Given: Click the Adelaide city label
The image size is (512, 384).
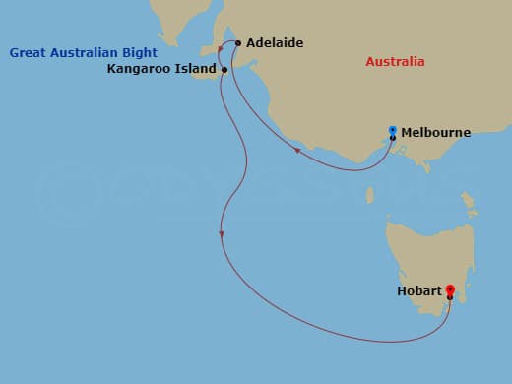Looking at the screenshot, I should (275, 43).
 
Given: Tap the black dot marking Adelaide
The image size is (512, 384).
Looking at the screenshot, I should (238, 43).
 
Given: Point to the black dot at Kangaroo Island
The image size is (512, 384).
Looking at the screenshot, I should (224, 70).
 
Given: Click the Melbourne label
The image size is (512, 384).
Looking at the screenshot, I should (435, 132).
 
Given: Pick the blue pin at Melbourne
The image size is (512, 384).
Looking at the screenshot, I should (392, 130).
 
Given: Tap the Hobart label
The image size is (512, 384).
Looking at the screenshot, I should (418, 291).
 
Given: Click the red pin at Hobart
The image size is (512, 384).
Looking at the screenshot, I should (450, 290).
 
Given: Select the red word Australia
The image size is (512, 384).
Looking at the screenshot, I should (395, 62).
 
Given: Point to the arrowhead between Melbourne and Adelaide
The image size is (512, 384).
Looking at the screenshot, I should (297, 151).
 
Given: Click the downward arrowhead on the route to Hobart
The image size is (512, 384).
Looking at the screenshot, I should (223, 233).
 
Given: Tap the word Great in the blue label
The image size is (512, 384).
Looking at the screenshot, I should (29, 52).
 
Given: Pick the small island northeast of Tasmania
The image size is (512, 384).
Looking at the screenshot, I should (472, 210).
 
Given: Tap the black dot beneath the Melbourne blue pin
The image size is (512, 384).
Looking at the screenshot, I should (392, 138).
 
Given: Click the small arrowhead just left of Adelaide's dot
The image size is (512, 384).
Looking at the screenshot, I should (233, 46).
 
